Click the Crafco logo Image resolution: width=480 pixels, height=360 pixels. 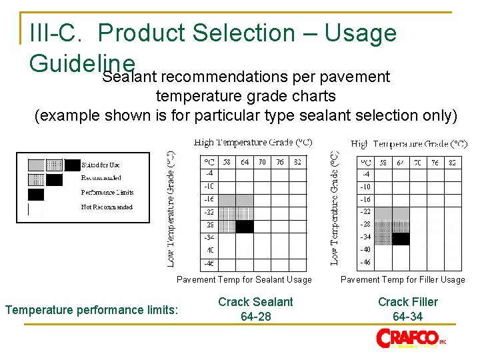coord(411,337)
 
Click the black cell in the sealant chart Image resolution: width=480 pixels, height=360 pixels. coord(245,227)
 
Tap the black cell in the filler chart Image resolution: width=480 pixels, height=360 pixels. coord(401,239)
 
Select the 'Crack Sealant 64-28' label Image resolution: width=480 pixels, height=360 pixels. coord(255,309)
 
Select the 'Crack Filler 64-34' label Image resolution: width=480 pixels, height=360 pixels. coord(408,309)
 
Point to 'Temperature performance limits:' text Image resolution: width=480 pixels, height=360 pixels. coord(91,310)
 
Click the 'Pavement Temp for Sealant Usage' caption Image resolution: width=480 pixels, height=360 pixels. coord(244,280)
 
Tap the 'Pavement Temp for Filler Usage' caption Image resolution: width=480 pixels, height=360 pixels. coord(403,280)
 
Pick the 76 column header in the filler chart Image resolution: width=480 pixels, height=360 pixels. coord(435,161)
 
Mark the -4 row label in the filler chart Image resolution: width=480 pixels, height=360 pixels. coord(365,174)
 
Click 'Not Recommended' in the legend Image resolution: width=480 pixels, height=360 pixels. coord(107,207)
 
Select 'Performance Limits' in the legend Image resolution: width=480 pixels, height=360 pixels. coord(107,193)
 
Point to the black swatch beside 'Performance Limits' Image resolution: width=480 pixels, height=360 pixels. coord(36,194)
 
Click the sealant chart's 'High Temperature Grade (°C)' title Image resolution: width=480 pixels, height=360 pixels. coord(253,143)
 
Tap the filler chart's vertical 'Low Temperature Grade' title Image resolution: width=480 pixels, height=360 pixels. coord(335,207)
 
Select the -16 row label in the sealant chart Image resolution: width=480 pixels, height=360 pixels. coord(209,199)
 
